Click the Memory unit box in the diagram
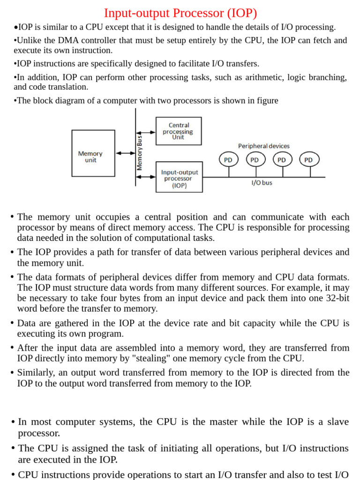coord(93,153)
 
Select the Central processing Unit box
coord(179,131)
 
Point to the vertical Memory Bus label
coord(140,150)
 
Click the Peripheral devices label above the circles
coord(264,146)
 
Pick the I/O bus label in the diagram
coord(262,183)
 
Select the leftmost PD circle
coord(228,160)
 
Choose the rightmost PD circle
coord(308,160)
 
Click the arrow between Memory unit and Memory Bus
coord(125,153)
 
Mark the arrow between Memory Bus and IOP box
coord(146,177)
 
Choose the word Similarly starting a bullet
coord(37,373)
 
